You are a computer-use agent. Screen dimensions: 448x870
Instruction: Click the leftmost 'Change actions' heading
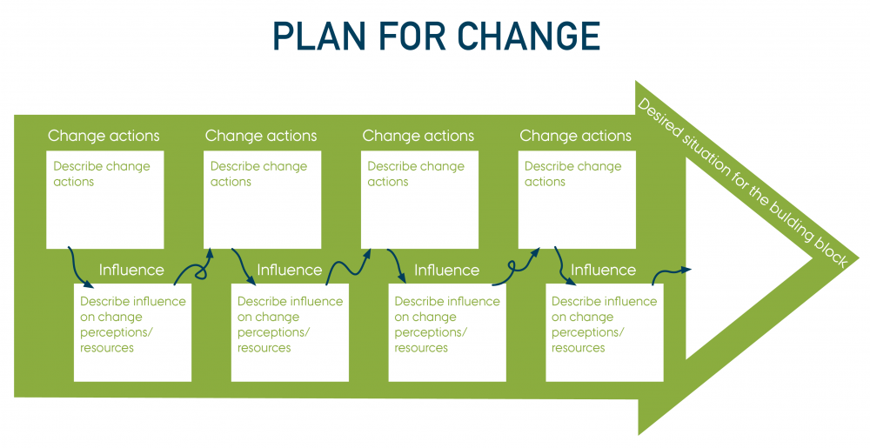pyautogui.click(x=104, y=136)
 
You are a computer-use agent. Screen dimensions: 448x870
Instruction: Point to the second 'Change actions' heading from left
pyautogui.click(x=261, y=136)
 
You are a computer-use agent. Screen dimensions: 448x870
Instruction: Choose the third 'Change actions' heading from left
pyautogui.click(x=418, y=136)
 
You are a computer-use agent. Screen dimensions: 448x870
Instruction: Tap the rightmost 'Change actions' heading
pyautogui.click(x=576, y=136)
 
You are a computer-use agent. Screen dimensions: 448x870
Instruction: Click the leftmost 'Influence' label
pyautogui.click(x=131, y=270)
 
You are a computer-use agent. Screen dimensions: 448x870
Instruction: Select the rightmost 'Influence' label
pyautogui.click(x=603, y=270)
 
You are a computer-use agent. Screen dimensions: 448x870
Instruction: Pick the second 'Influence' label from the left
pyautogui.click(x=289, y=270)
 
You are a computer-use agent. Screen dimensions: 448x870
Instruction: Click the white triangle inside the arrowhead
pyautogui.click(x=731, y=261)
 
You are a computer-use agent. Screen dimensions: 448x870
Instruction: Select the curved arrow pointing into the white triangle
pyautogui.click(x=670, y=272)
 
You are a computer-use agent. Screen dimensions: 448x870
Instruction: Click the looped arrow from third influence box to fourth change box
pyautogui.click(x=517, y=266)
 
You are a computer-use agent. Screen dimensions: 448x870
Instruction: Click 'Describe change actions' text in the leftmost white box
pyautogui.click(x=101, y=174)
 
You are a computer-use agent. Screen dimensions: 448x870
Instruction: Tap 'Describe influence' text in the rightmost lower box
pyautogui.click(x=604, y=301)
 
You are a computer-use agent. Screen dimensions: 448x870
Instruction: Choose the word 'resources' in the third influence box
pyautogui.click(x=421, y=348)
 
